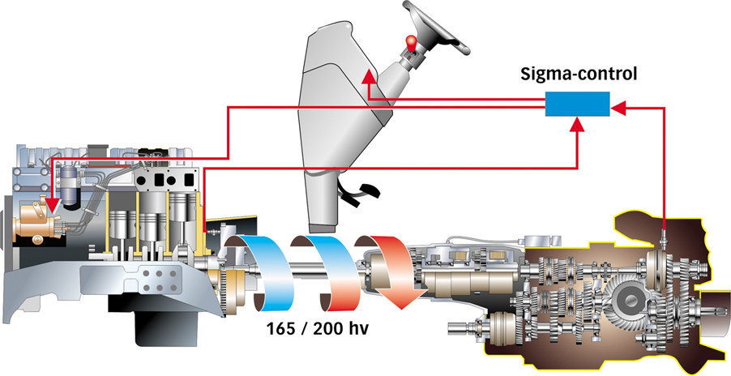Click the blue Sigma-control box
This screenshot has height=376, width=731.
pos(577,104)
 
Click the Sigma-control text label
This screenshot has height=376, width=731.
pos(579,74)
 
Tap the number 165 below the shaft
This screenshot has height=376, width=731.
pos(281,329)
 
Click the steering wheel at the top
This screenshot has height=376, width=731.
pos(435,27)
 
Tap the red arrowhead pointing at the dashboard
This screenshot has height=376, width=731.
pos(369,76)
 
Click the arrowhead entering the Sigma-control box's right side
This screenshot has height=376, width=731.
pos(618,108)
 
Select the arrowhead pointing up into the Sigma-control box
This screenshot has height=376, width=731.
pos(578,124)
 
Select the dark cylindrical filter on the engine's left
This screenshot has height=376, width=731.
pos(71,186)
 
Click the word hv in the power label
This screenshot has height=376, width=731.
pos(360,329)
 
